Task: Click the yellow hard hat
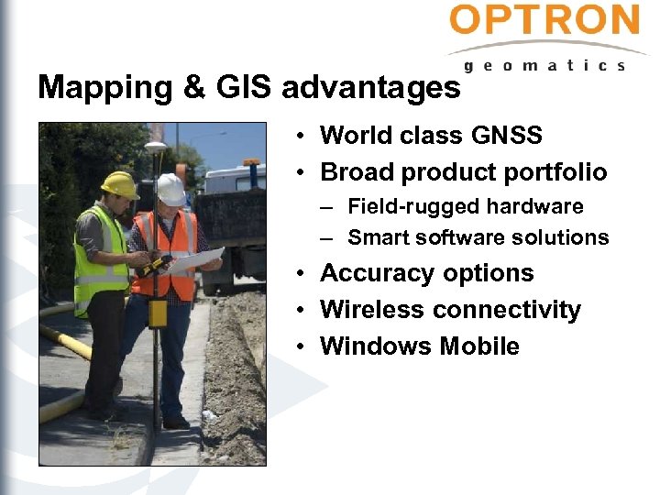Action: coord(119,183)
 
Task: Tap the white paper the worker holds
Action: coord(197,259)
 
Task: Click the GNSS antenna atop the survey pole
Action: coord(156,146)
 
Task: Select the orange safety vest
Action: coord(165,252)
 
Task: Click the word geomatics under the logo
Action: coord(544,65)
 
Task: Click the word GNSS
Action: coord(506,137)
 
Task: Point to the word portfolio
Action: coord(554,172)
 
